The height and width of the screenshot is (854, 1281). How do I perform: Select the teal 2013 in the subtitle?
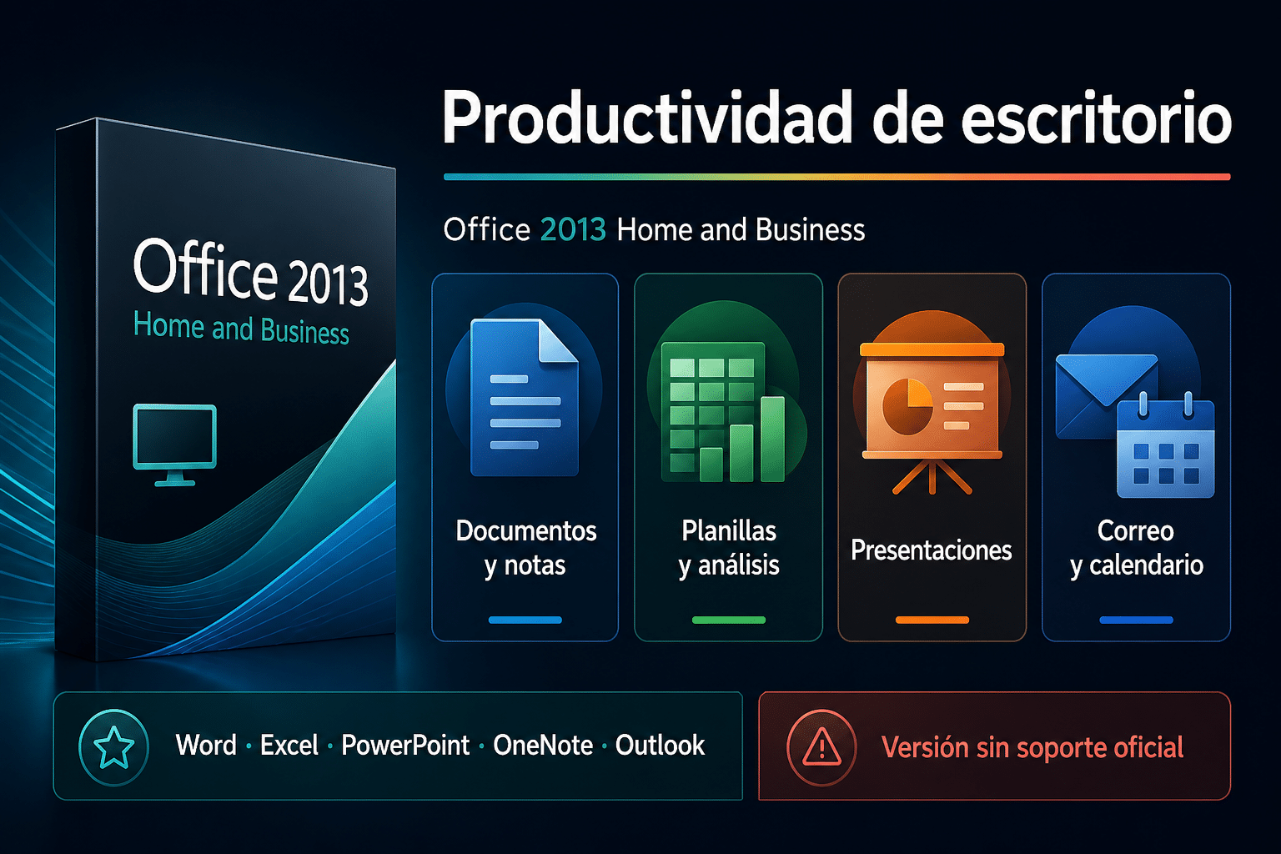click(x=573, y=229)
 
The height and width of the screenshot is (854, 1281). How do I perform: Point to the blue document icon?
click(x=524, y=398)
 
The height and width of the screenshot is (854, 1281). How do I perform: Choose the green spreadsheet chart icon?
click(x=723, y=412)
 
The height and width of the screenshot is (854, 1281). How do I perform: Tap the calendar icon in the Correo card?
click(x=1165, y=446)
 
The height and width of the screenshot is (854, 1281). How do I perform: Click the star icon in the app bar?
click(x=113, y=747)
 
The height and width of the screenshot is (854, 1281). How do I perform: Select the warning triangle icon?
click(x=821, y=746)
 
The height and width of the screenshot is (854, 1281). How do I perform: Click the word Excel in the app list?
click(x=289, y=746)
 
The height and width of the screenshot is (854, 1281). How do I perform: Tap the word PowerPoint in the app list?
click(x=404, y=746)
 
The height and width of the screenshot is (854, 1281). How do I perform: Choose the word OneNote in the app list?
click(x=543, y=746)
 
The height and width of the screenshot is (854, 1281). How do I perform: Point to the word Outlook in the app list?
click(x=660, y=746)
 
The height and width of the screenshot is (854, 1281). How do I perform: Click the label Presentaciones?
click(x=932, y=550)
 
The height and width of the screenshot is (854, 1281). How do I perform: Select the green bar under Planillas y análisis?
click(x=729, y=620)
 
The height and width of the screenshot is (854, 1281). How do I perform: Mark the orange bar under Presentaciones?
click(x=932, y=620)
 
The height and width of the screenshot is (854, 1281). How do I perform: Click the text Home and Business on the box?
click(x=241, y=329)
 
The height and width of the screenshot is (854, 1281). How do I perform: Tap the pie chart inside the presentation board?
click(x=907, y=406)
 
